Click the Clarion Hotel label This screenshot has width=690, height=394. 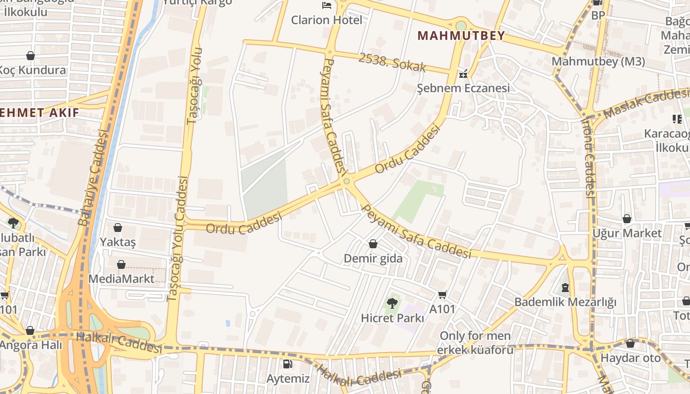click(326, 20)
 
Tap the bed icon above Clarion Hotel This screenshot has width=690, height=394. click(326, 5)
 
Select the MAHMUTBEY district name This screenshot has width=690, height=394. click(461, 35)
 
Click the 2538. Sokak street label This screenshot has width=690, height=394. click(392, 63)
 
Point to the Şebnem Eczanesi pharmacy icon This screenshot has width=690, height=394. click(463, 75)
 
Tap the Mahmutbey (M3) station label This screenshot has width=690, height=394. click(598, 62)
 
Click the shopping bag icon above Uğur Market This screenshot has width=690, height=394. click(627, 219)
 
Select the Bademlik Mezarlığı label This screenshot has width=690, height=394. click(565, 302)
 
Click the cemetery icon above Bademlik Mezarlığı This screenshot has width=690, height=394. click(565, 287)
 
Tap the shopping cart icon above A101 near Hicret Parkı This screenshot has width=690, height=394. click(442, 295)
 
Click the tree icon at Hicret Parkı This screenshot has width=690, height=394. click(392, 303)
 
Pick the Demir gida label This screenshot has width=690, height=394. click(373, 259)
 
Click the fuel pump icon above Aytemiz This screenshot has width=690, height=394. click(287, 364)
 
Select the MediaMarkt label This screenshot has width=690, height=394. click(121, 279)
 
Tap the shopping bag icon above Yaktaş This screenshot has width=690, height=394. click(118, 228)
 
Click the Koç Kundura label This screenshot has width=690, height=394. click(33, 70)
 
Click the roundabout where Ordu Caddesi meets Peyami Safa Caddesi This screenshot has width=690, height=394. click(347, 182)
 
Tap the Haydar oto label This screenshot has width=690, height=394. click(630, 358)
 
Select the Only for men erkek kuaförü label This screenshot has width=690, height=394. click(476, 343)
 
